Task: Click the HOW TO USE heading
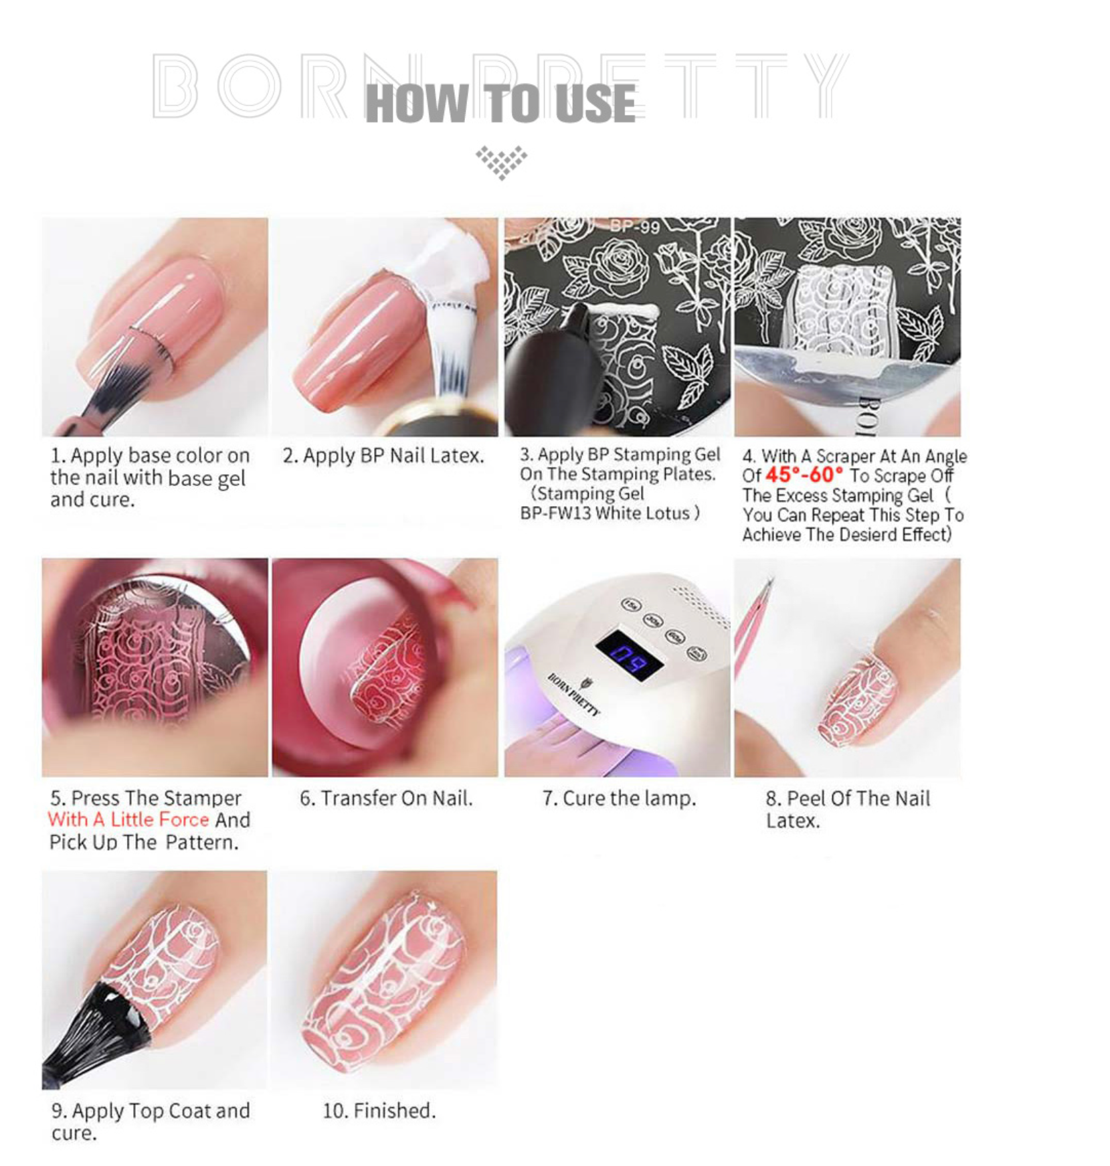point(500,104)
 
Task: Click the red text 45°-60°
point(804,475)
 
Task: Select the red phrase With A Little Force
point(128,819)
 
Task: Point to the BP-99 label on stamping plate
point(635,227)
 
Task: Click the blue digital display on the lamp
point(630,654)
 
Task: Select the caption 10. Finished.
point(379,1110)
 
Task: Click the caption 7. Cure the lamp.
point(619,798)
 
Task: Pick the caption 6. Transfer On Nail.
point(386,798)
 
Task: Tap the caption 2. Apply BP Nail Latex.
point(383,455)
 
